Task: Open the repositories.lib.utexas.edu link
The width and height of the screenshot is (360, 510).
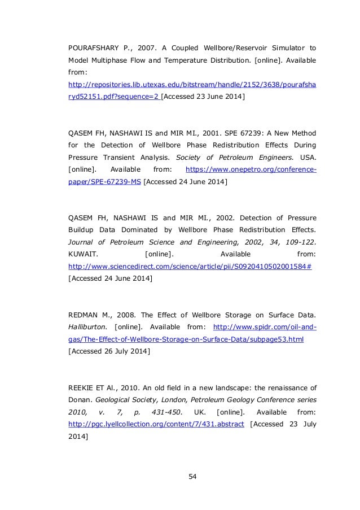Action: point(191,85)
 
